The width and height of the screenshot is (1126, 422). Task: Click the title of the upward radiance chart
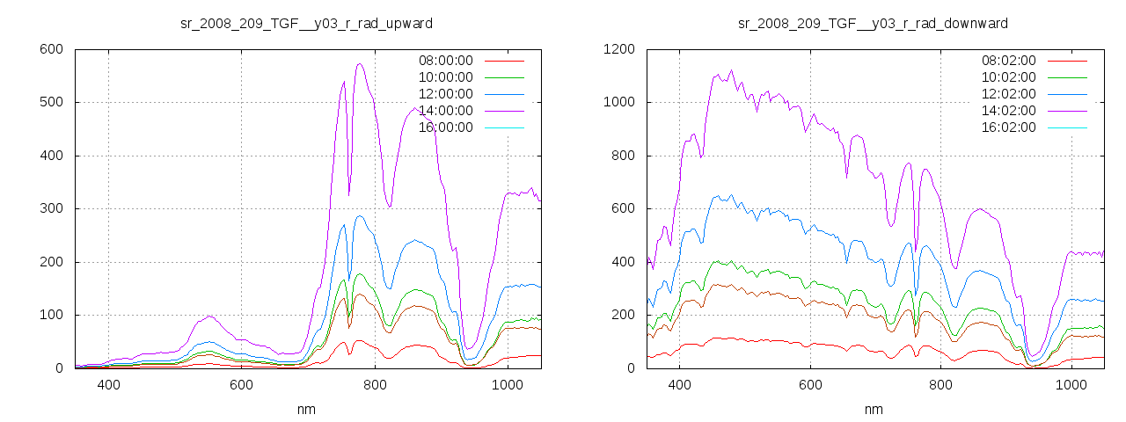306,23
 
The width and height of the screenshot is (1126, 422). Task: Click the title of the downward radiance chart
873,23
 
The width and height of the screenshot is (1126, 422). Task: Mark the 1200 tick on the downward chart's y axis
620,49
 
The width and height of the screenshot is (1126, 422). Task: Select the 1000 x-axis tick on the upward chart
508,384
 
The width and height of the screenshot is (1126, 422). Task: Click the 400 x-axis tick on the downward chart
679,384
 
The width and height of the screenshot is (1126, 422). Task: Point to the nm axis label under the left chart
306,409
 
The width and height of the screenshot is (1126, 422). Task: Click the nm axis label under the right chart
873,409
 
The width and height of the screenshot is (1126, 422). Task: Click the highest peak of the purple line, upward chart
360,63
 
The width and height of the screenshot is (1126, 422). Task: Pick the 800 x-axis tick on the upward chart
375,384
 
